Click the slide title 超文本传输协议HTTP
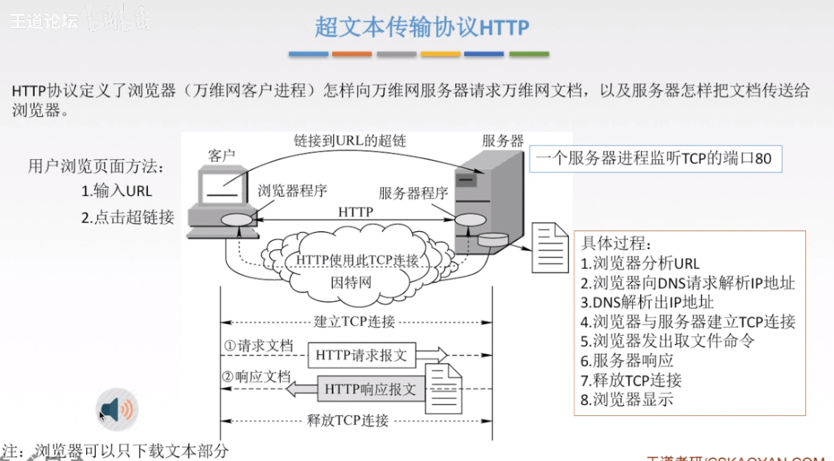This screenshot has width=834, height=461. click(x=421, y=27)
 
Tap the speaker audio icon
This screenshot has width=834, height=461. click(x=117, y=409)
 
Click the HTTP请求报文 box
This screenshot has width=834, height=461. click(x=361, y=355)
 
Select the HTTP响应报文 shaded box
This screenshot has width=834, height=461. click(x=371, y=388)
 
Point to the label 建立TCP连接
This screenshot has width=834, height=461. click(x=354, y=322)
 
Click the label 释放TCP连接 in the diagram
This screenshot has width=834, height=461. click(x=347, y=421)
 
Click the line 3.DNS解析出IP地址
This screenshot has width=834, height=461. click(x=647, y=302)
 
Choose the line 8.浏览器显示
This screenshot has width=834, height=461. click(x=627, y=400)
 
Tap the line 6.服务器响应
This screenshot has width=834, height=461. click(x=627, y=360)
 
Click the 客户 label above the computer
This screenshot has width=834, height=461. click(x=222, y=156)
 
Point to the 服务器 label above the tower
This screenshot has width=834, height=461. click(x=502, y=141)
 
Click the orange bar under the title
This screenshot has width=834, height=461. click(x=352, y=54)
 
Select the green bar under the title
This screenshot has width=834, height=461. click(x=529, y=54)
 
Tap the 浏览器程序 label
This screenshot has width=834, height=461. click(x=292, y=191)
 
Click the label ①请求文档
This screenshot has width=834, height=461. click(x=259, y=345)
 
